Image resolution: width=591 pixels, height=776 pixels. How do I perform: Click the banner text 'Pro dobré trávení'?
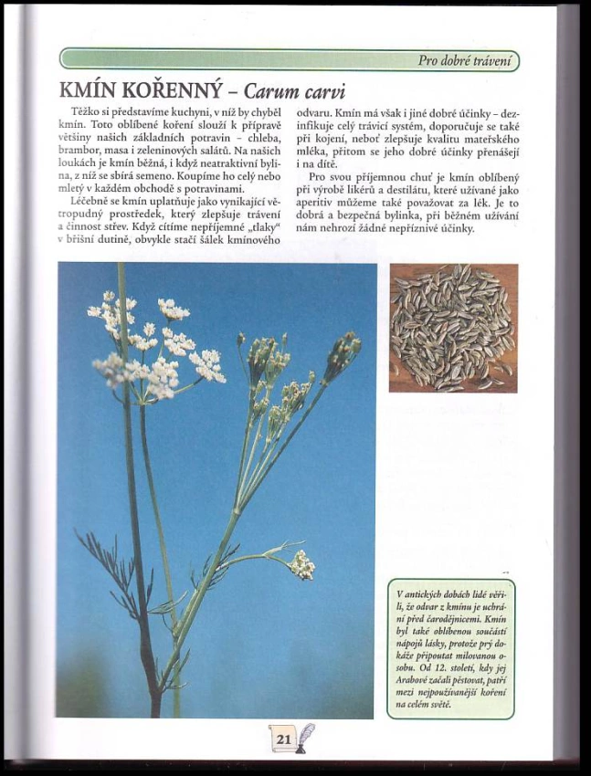click(x=467, y=61)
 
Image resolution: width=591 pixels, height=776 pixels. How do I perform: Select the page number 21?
click(x=282, y=738)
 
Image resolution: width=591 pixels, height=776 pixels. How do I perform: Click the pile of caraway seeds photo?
click(x=453, y=328)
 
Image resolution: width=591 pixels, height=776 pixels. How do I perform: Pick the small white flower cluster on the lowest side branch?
click(x=301, y=564)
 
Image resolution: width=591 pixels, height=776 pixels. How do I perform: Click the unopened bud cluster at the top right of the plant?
click(x=343, y=351)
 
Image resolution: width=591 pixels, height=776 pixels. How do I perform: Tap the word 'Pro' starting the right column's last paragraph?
click(x=318, y=176)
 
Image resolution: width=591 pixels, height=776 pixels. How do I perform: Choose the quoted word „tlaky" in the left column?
click(x=261, y=227)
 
